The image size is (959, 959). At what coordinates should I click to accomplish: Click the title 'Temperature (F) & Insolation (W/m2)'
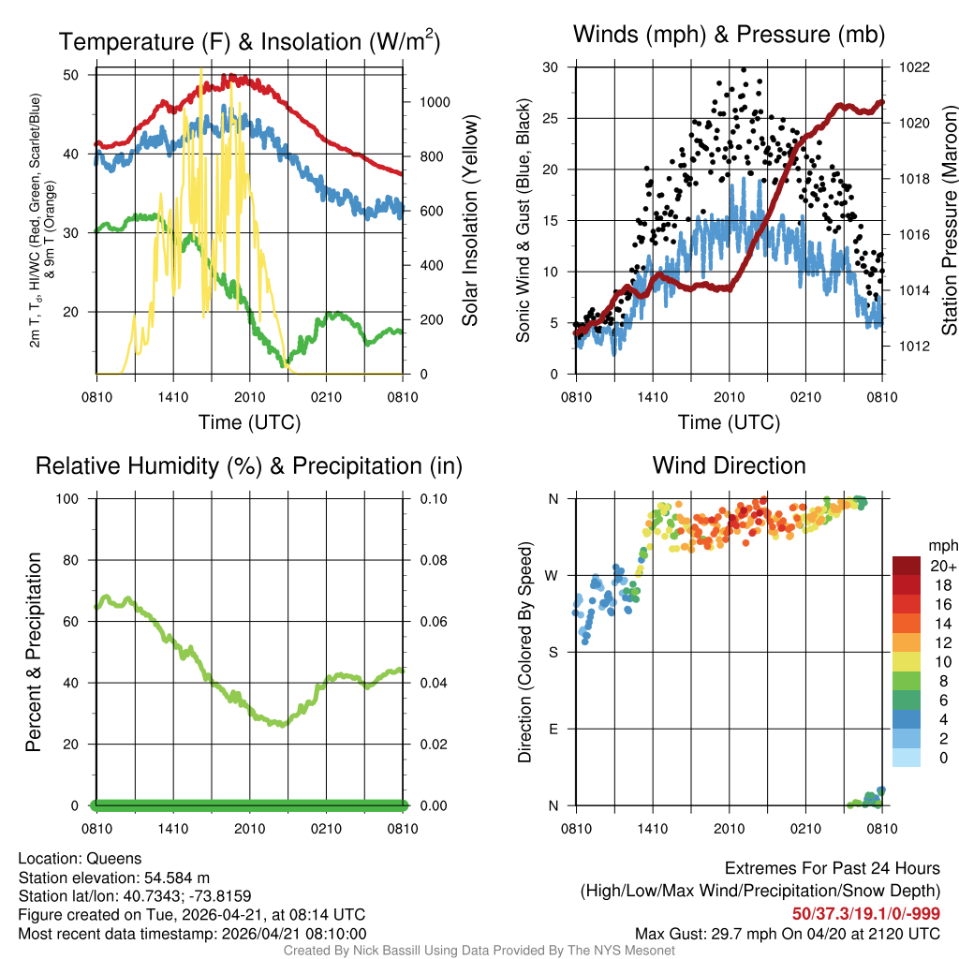click(x=249, y=42)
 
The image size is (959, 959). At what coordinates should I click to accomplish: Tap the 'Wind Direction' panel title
click(x=729, y=465)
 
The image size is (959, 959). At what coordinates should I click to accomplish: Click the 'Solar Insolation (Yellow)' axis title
click(x=470, y=221)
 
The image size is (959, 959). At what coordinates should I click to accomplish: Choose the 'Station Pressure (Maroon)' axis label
click(x=948, y=221)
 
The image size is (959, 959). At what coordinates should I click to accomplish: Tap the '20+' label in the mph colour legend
click(x=942, y=566)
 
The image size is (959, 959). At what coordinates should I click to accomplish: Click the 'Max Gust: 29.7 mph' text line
click(x=788, y=934)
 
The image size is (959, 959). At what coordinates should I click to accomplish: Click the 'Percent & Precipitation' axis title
click(x=34, y=652)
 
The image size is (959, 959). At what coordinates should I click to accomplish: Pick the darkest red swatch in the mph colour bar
click(x=907, y=566)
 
